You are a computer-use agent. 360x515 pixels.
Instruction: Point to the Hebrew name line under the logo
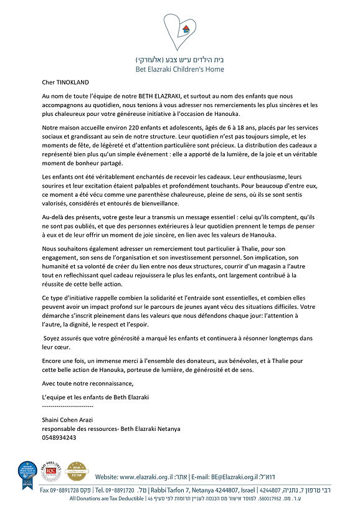[x=180, y=60]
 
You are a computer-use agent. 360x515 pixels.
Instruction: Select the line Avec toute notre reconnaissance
[x=87, y=383]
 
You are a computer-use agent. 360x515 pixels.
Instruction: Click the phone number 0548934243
[x=59, y=438]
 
